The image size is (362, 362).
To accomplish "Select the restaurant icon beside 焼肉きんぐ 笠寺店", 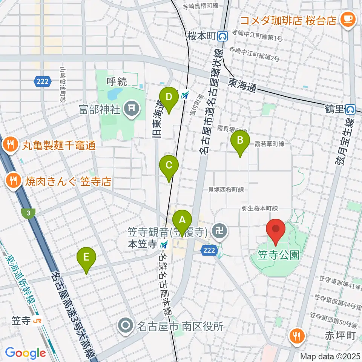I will click(x=14, y=181).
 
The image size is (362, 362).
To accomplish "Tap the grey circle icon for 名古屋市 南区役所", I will click(x=125, y=325).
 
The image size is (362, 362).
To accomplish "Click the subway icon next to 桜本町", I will click(x=222, y=36).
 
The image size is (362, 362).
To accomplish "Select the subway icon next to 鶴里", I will click(x=351, y=109).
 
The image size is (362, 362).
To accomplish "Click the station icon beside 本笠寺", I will click(x=163, y=244).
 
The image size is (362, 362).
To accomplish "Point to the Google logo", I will click(x=25, y=353).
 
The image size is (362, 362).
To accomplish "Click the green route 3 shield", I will click(x=28, y=213).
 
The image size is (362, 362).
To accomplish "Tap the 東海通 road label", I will click(x=242, y=86).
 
